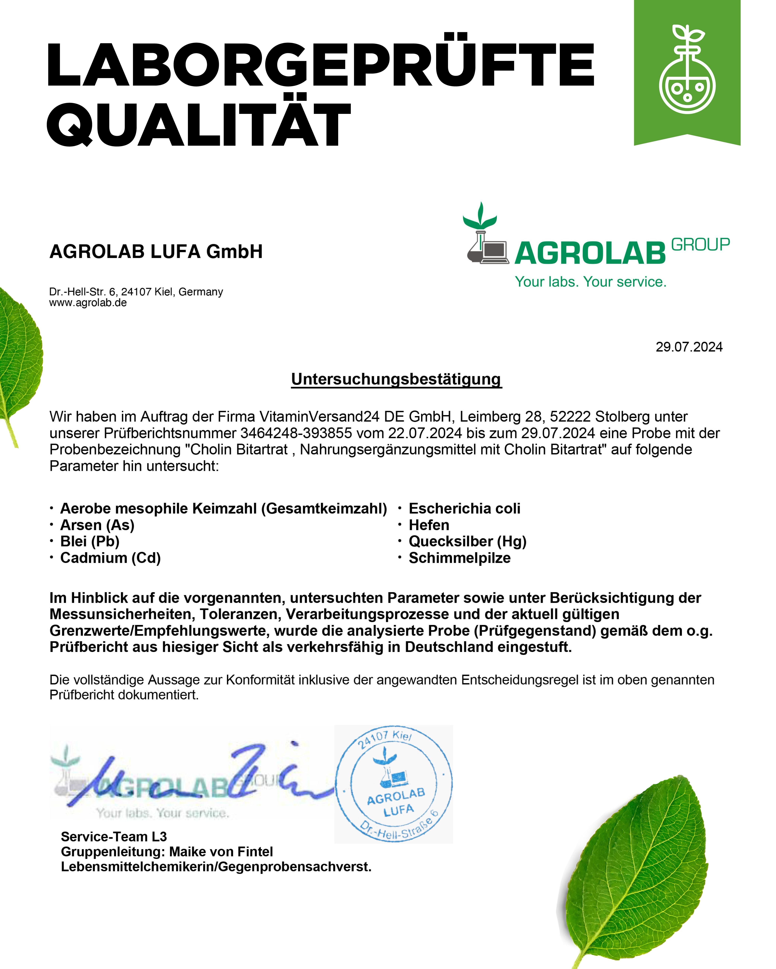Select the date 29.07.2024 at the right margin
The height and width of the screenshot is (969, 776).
tap(689, 347)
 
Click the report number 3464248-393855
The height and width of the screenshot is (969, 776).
tap(296, 433)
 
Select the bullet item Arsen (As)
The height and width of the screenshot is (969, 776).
tap(97, 525)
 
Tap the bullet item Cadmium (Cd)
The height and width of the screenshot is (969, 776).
tap(110, 558)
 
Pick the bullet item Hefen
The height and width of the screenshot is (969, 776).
tap(429, 525)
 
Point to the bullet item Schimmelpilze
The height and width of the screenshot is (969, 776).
tap(459, 558)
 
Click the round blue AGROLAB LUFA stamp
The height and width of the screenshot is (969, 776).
tap(394, 784)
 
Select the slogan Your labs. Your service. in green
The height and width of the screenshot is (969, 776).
tap(590, 282)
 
